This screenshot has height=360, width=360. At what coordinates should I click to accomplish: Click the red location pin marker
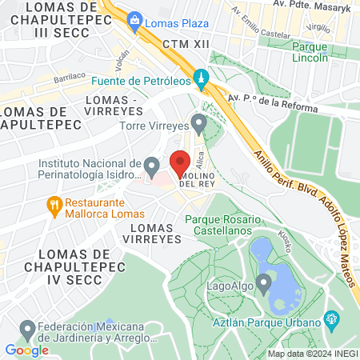179,161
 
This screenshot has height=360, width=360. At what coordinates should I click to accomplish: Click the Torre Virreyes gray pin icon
198,122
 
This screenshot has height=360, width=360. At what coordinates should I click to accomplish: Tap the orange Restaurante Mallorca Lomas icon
54,206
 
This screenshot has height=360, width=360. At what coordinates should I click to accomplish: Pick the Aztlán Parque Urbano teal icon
332,321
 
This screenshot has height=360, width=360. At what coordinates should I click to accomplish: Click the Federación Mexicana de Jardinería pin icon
28,328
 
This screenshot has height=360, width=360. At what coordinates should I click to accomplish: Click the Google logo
26,350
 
